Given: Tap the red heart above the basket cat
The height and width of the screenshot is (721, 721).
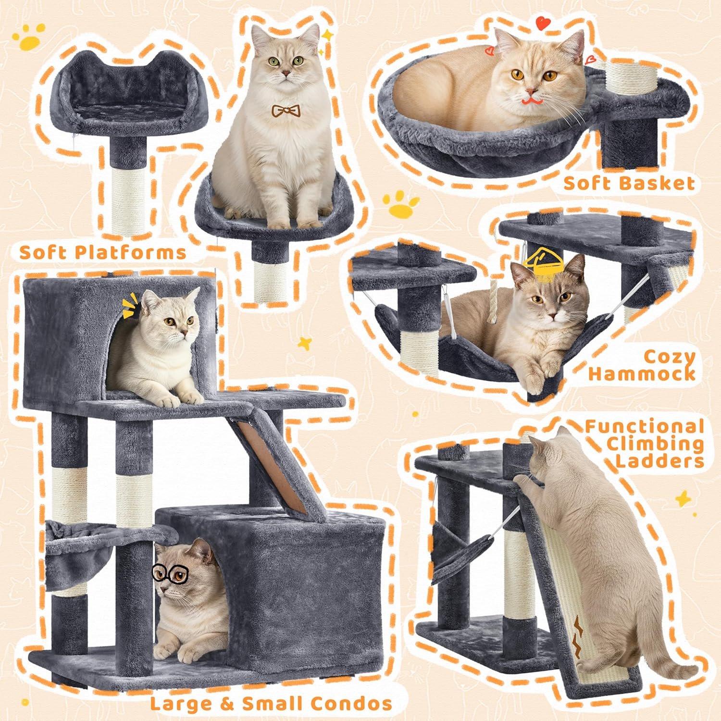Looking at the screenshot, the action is (543, 22).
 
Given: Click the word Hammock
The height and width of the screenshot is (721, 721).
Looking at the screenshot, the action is (642, 373).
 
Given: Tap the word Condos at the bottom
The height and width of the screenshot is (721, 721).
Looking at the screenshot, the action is (350, 703).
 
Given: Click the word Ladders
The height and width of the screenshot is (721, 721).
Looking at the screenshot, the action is (660, 460).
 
